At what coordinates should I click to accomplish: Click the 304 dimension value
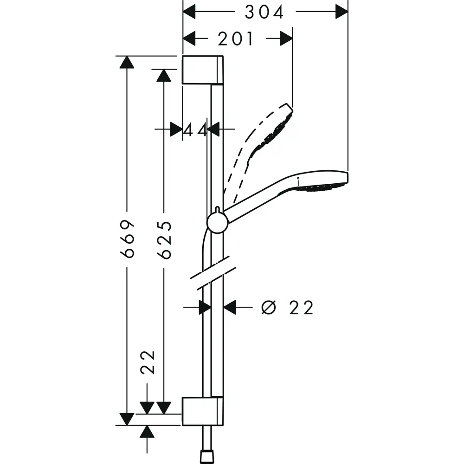coord(264,13)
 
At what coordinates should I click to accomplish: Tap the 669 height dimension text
coord(128,238)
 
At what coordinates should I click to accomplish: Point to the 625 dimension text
coord(164,239)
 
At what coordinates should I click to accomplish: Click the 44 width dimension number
coord(195,130)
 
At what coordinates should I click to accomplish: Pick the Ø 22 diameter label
coord(287,307)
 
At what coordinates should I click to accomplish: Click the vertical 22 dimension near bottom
coord(147,362)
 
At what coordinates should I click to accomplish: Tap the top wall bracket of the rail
coord(202,70)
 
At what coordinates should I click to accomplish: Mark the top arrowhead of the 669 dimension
coord(127,62)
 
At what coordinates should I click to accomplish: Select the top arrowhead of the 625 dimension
coord(163,75)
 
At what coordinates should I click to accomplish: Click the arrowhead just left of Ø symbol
coord(230,307)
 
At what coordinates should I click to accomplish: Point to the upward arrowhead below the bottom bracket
coord(147,432)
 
